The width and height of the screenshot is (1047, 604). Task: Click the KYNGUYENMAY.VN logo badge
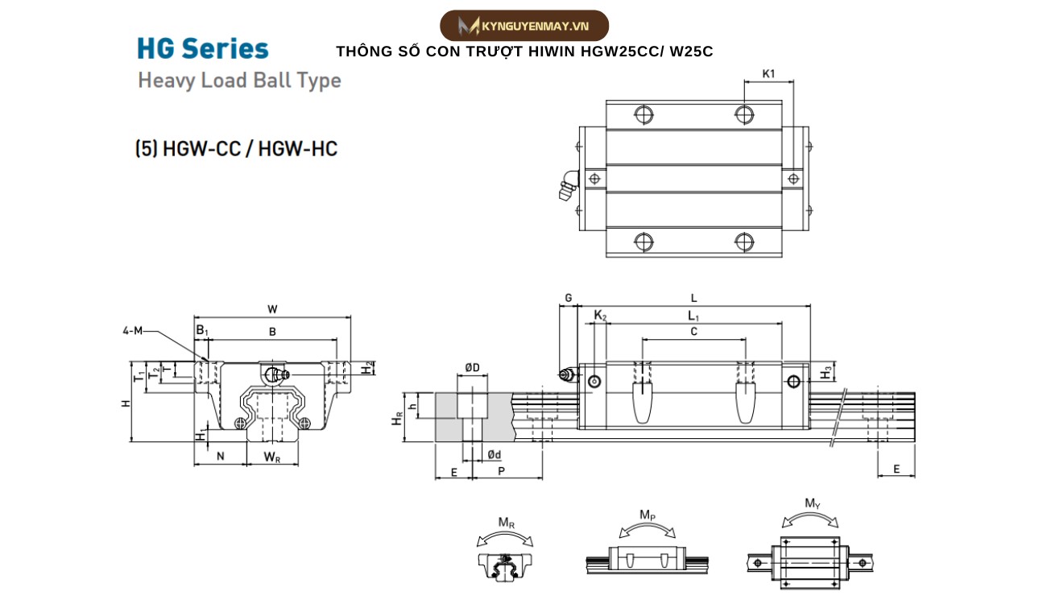point(523,26)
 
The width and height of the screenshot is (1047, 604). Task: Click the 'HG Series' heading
point(203,49)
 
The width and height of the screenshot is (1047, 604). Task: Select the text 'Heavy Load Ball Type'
point(239,81)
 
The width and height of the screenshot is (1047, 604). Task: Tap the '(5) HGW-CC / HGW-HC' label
point(236,149)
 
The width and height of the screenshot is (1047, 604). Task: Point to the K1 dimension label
point(768,74)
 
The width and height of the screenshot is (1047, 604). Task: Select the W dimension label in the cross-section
point(272,308)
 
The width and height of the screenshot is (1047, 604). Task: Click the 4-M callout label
point(133,331)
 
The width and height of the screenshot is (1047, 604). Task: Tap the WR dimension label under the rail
point(273,457)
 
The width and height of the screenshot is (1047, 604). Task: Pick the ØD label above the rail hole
point(472,368)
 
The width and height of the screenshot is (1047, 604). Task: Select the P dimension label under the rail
point(501,471)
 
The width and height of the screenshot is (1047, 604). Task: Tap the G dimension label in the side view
point(568,298)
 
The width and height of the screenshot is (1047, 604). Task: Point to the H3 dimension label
point(826,372)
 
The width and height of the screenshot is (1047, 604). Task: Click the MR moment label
point(506,523)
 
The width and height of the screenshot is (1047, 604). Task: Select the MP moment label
point(647,514)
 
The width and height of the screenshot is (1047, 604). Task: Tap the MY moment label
point(813,503)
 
